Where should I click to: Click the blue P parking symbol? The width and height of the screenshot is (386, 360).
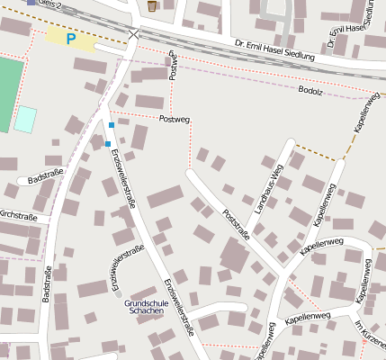point(71,39)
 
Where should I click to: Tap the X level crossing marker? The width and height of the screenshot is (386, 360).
point(134,34)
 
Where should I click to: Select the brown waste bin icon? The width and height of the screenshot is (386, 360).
point(152,5)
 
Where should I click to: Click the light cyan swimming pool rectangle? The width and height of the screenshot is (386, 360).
point(26,119)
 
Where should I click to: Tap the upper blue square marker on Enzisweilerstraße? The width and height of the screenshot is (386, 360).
point(112,124)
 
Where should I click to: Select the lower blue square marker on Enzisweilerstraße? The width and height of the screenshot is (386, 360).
point(108,143)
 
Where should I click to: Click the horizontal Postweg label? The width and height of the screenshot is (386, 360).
point(175,119)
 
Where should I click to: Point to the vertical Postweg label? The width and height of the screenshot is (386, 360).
point(173,66)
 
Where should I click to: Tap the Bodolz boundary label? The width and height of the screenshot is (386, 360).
point(310,91)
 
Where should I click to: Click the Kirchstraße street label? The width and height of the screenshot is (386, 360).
point(18,217)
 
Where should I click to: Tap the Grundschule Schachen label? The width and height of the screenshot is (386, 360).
point(146,307)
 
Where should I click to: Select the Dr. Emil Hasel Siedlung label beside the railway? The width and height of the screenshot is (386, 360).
point(274,50)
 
